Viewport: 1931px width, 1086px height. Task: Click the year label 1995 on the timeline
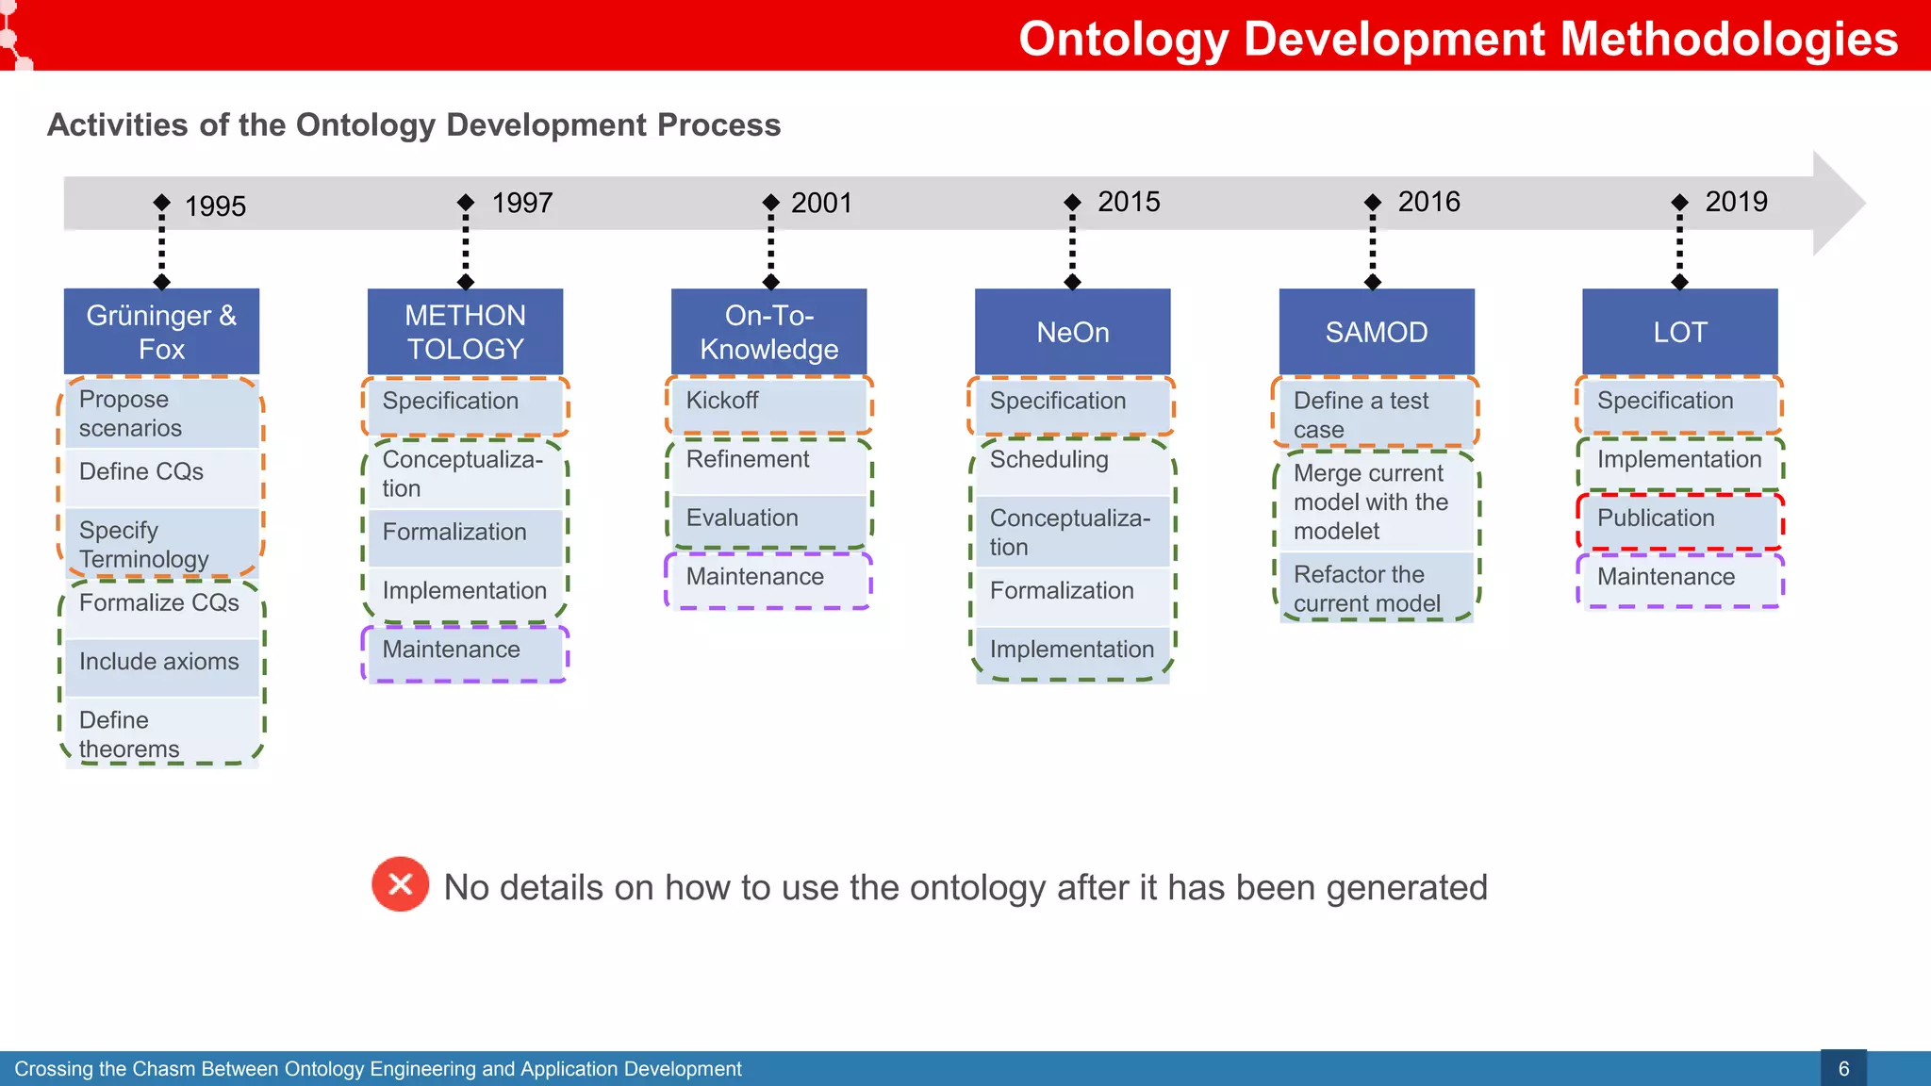(x=215, y=206)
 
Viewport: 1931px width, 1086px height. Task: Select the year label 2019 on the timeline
(x=1736, y=202)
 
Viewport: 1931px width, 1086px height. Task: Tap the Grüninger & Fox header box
(x=161, y=332)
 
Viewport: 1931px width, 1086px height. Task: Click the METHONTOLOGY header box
(x=465, y=332)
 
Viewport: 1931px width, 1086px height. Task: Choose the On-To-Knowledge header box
(x=768, y=332)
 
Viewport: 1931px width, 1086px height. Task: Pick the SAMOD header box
(x=1376, y=332)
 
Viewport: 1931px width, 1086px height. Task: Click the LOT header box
(x=1679, y=332)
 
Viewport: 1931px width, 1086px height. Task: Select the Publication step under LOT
(x=1679, y=518)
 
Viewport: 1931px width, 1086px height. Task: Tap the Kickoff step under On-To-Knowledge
(x=768, y=402)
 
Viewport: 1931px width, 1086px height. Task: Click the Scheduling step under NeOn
(x=1072, y=461)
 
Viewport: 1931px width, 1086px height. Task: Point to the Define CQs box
(x=161, y=473)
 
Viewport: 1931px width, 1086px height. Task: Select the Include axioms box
(x=161, y=663)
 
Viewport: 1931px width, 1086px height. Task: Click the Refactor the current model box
(x=1376, y=588)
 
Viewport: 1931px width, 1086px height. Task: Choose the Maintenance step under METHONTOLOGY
(x=465, y=650)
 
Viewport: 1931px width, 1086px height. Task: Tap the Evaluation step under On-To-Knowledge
(x=768, y=518)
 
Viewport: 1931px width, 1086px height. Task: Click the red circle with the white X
(x=400, y=884)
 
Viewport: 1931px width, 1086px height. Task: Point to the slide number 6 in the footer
(x=1843, y=1069)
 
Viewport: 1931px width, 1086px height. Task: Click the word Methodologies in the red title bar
(x=1728, y=40)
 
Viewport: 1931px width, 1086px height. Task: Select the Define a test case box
(x=1376, y=415)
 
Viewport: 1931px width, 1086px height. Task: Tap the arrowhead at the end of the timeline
(x=1839, y=203)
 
